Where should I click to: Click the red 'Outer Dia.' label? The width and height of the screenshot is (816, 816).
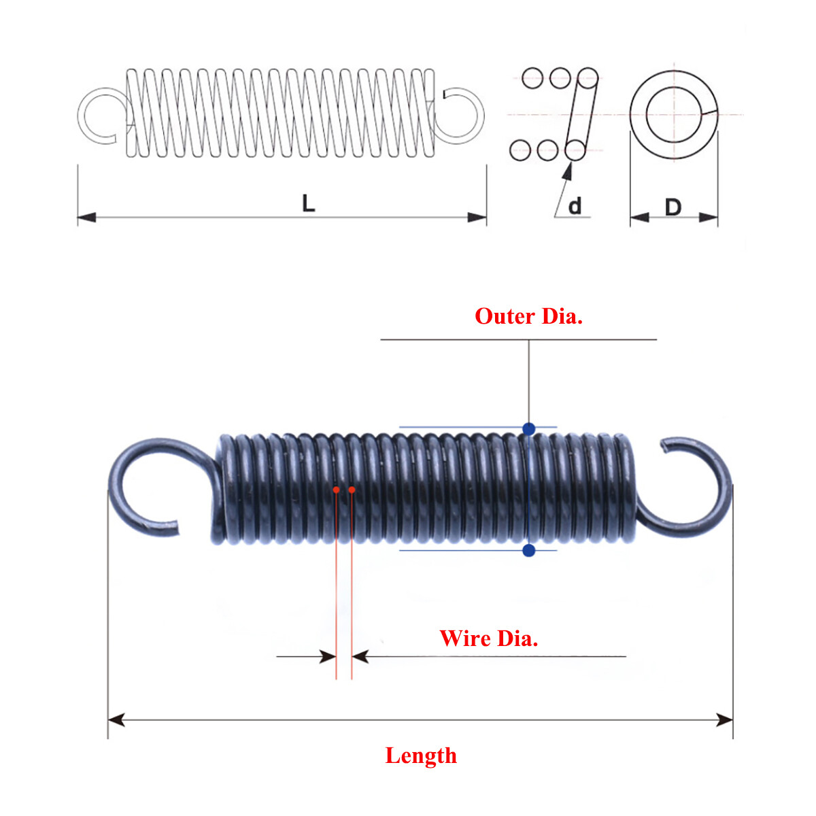pyautogui.click(x=528, y=316)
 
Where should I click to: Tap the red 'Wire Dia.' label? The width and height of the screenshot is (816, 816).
pyautogui.click(x=488, y=639)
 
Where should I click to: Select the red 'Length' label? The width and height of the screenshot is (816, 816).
pyautogui.click(x=421, y=755)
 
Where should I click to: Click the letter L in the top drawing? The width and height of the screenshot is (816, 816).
pyautogui.click(x=309, y=203)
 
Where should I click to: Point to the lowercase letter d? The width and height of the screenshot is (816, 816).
pyautogui.click(x=575, y=206)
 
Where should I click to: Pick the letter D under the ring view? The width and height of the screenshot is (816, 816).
pyautogui.click(x=673, y=207)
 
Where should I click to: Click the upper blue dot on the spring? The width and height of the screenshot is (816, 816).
pyautogui.click(x=529, y=428)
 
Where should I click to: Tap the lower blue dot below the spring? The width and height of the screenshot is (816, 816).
pyautogui.click(x=529, y=550)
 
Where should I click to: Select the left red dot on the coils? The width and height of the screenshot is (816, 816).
pyautogui.click(x=336, y=489)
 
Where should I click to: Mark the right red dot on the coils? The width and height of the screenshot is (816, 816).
pyautogui.click(x=352, y=489)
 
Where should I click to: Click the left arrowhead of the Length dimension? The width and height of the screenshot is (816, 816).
pyautogui.click(x=116, y=719)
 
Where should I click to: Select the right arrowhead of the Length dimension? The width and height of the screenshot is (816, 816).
pyautogui.click(x=725, y=719)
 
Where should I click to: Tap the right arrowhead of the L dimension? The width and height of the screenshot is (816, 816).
pyautogui.click(x=478, y=218)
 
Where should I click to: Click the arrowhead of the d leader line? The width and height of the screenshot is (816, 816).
pyautogui.click(x=565, y=170)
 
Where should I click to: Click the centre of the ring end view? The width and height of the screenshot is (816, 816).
pyautogui.click(x=673, y=114)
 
